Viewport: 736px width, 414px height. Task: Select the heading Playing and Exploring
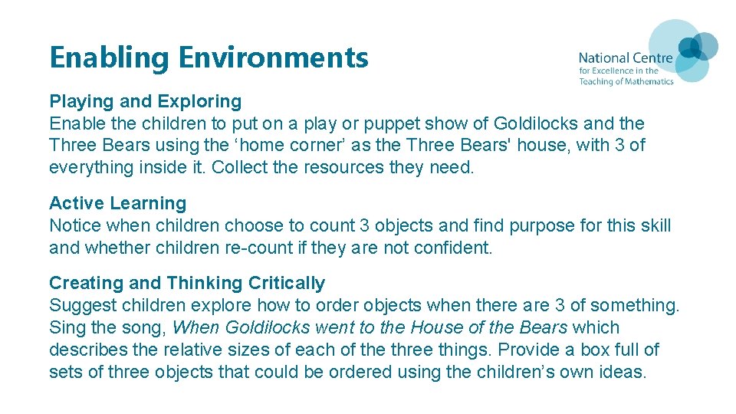[x=145, y=101]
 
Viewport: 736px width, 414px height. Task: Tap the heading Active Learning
[x=117, y=203]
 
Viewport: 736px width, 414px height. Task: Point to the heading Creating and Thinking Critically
[x=187, y=283]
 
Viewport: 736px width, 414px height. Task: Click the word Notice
[x=74, y=226]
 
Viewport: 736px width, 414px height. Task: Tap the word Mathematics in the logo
[x=643, y=81]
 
